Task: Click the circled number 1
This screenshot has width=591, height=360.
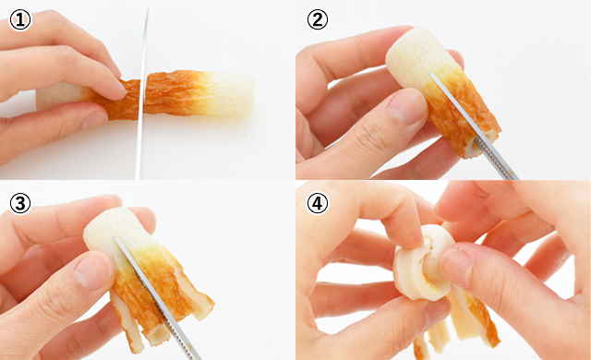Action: coord(20,20)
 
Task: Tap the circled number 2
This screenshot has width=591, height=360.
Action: coord(318,19)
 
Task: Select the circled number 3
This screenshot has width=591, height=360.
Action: coord(20,204)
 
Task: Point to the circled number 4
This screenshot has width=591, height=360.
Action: coord(318,204)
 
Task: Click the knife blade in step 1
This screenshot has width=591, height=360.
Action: coord(142,94)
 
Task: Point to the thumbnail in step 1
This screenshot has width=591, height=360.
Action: coord(94,119)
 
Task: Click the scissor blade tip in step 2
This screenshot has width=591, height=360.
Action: coord(432,74)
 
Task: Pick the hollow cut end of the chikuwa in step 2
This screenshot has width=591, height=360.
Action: coord(473,149)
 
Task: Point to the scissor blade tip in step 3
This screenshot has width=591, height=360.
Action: coord(116,239)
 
